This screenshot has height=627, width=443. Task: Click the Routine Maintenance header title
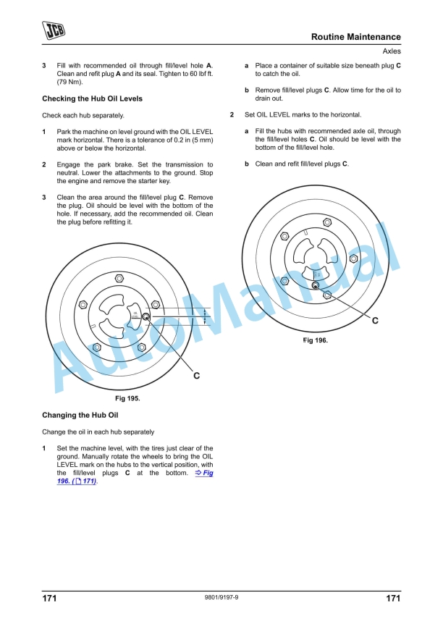coord(355,37)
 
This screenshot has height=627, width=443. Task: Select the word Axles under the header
coord(391,51)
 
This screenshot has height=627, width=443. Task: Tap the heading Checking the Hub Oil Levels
coord(92,98)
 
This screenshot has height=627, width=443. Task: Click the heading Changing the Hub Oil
coord(80,416)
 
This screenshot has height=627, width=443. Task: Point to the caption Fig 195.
coord(128,398)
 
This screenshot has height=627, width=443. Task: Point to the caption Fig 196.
coord(315,340)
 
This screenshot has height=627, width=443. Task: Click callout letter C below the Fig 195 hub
coord(196,376)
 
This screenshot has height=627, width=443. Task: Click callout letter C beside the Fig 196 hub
coord(375,320)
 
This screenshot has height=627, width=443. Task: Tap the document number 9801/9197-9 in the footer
coord(221,599)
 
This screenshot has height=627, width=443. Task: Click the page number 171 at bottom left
coord(49,599)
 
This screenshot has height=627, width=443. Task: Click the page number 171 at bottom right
coord(392,599)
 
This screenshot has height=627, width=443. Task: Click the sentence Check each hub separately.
coord(83,115)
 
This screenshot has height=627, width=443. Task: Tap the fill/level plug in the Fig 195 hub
coord(145,316)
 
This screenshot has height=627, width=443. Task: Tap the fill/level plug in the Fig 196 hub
coord(315,285)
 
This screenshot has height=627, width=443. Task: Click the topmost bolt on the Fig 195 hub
coord(119,279)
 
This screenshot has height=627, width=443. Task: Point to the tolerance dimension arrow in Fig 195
coord(205,316)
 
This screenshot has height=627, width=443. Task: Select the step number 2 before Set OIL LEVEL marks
coord(232,115)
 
